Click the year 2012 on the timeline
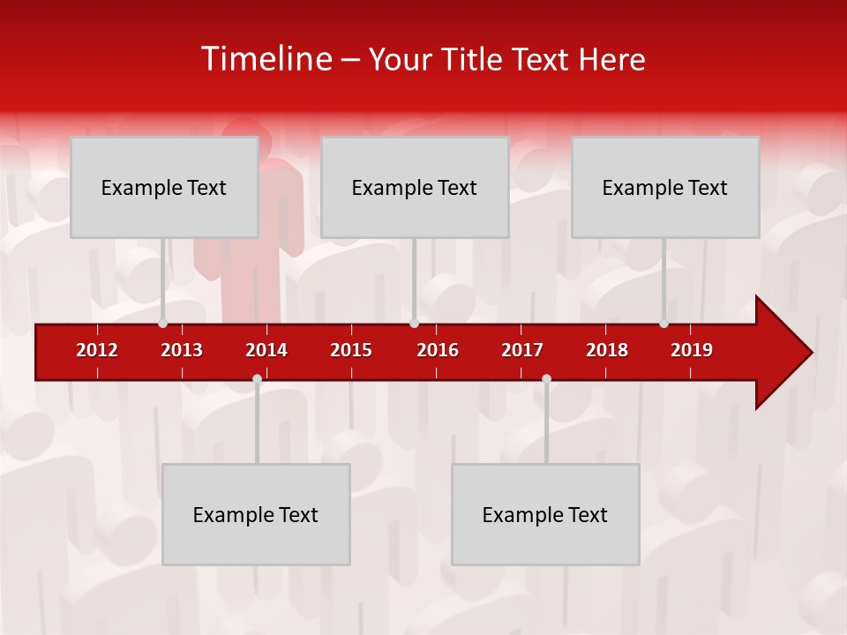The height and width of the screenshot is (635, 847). coord(97,350)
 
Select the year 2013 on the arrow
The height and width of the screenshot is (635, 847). coord(182,350)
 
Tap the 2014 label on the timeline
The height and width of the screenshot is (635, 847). coord(266,350)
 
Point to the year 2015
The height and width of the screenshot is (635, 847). coord(351,350)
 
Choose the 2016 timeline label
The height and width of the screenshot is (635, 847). coord(438,350)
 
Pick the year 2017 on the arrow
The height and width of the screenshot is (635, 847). coord(522,350)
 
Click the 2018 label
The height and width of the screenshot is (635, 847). coord(607,350)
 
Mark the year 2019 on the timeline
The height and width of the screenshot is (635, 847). coord(692,350)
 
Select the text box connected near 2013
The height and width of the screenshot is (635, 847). coord(164,187)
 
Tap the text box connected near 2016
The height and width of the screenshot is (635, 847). coord(415,187)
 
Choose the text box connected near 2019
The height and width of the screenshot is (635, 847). coord(665,187)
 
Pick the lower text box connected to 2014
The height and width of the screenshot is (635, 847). coord(256,514)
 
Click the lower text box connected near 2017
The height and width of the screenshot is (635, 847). coord(545,514)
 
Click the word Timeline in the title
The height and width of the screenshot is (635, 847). coord(266,59)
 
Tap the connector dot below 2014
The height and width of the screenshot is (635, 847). coord(257,378)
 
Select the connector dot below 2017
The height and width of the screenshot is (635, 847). coord(546,378)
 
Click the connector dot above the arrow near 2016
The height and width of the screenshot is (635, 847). coord(414,324)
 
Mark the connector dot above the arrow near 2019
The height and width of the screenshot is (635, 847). coord(663,324)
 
